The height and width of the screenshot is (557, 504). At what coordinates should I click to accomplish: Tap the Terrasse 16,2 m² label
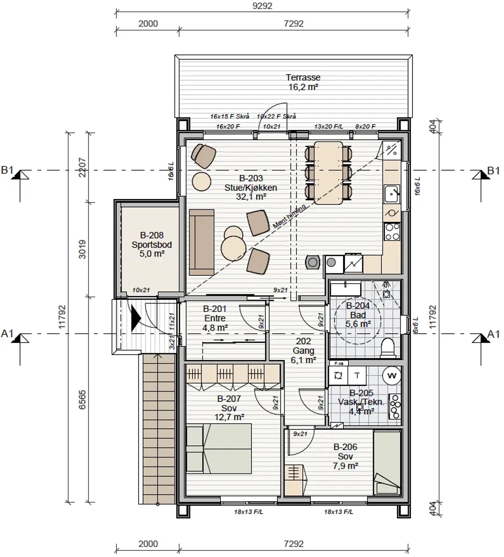(303, 82)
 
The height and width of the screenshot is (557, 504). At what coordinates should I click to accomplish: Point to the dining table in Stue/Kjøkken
(328, 173)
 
